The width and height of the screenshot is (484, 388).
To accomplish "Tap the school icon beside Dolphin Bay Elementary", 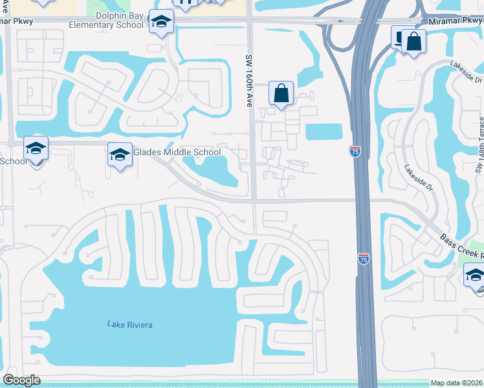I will click(160, 23).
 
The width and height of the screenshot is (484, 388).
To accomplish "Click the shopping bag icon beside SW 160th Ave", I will click(281, 94).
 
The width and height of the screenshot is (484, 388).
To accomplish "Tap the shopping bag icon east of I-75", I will click(413, 43).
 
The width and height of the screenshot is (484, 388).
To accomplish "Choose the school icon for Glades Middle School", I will click(120, 155).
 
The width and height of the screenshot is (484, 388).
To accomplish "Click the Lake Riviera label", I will click(130, 325).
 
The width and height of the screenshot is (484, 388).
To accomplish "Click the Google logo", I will click(21, 380).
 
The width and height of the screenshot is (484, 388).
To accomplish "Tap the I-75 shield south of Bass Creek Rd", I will click(364, 259).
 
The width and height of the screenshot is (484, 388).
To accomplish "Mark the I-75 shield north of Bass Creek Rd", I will click(355, 151).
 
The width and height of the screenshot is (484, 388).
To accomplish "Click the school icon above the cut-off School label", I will click(36, 149).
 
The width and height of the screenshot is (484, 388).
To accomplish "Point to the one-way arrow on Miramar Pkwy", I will click(336, 21).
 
